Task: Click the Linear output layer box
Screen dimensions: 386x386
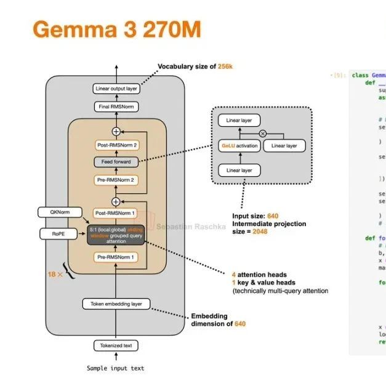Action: point(116,89)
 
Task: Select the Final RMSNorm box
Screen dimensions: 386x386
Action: point(116,107)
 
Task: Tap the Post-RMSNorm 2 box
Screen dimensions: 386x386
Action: point(116,145)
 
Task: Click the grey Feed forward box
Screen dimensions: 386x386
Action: point(116,162)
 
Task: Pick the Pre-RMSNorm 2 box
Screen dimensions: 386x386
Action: point(116,180)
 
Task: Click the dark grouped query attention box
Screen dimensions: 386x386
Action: point(116,235)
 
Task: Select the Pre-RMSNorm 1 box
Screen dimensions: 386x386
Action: point(116,257)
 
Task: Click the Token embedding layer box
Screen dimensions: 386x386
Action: point(116,304)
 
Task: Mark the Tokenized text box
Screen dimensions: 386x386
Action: point(116,345)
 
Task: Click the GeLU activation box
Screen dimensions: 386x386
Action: point(239,146)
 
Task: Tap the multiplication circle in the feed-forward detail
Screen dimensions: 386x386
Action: point(263,133)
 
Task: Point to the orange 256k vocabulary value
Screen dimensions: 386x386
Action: point(226,66)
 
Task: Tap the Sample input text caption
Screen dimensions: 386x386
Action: point(116,368)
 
